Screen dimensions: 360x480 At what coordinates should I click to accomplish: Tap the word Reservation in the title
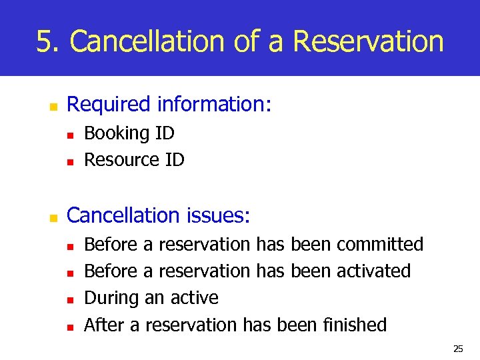[368, 41]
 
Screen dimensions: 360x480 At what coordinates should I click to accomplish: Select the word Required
[109, 105]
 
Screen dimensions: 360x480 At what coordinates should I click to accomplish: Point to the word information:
[214, 105]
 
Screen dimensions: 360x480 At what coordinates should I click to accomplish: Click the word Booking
[117, 133]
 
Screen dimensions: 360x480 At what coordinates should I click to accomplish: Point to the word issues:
[219, 215]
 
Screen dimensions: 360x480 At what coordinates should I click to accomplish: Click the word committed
[380, 245]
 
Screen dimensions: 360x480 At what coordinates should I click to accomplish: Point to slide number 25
[457, 349]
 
